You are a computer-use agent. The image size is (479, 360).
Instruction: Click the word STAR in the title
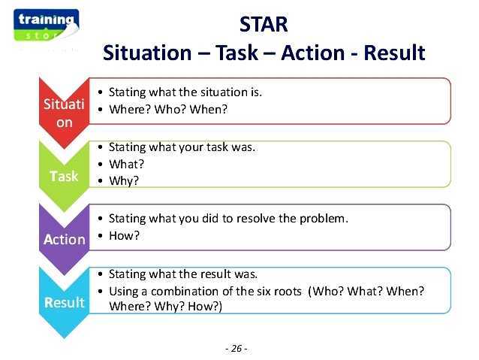[263, 24]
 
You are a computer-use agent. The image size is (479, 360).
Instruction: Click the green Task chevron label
[64, 176]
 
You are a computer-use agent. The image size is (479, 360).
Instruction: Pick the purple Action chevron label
[64, 239]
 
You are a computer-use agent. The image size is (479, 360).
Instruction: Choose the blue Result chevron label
[64, 302]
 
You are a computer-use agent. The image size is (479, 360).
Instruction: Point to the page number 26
[236, 348]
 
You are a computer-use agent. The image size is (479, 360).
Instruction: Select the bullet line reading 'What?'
[126, 164]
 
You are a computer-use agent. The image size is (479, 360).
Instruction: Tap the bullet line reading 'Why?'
[124, 180]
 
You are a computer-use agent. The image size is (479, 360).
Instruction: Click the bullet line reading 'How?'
[125, 235]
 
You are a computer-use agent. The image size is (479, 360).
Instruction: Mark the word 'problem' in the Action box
[324, 219]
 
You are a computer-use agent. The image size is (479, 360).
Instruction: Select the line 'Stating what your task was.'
[182, 147]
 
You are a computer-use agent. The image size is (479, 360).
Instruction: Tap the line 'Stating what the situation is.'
[185, 92]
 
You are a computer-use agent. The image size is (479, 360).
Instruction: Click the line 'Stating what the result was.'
[182, 274]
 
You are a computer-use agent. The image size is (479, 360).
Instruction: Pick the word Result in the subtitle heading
[393, 53]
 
